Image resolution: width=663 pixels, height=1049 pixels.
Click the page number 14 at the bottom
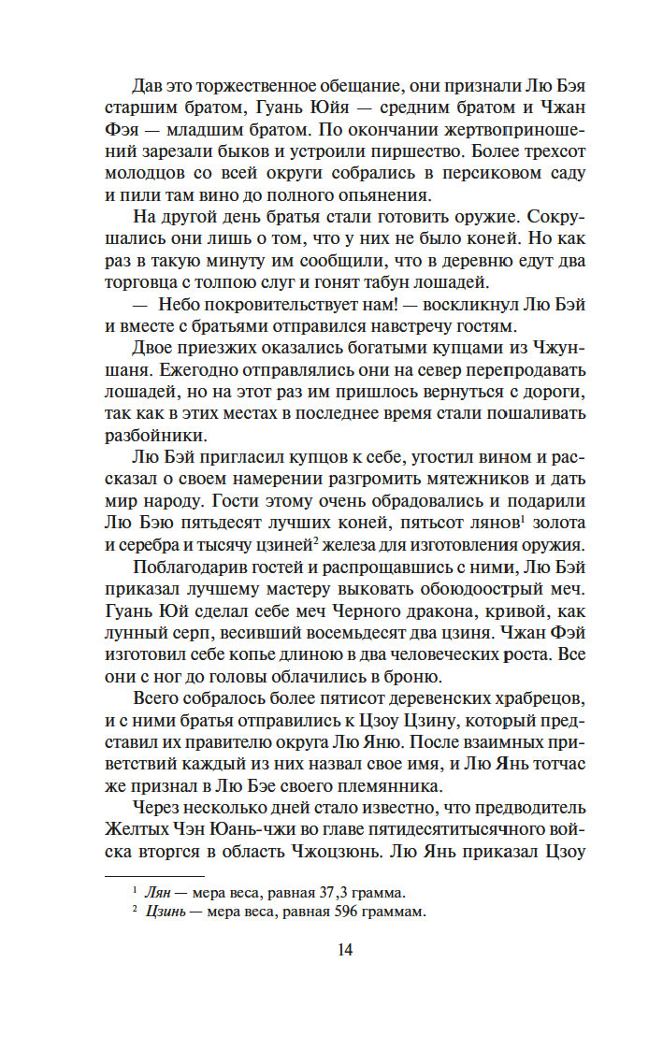tap(344, 951)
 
